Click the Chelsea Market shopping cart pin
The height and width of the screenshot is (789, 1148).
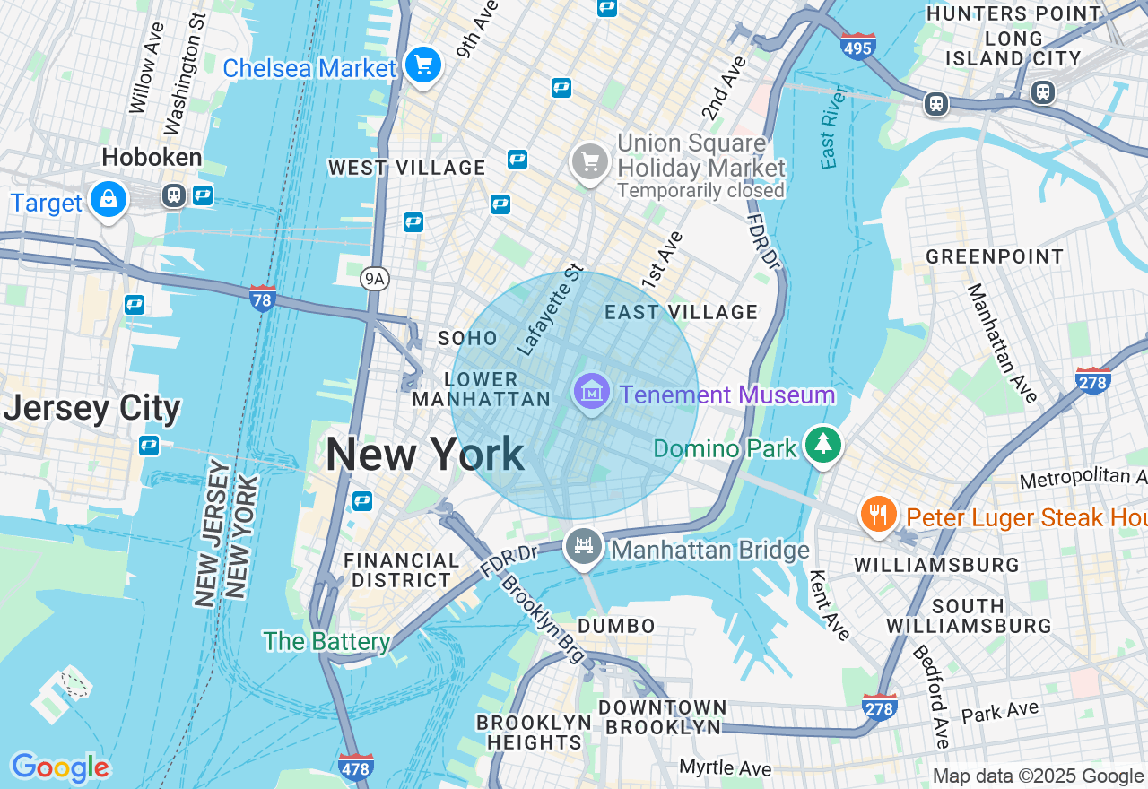click(x=422, y=65)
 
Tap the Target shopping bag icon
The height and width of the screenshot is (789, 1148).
click(x=108, y=199)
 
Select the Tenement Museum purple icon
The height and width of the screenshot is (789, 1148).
click(x=592, y=393)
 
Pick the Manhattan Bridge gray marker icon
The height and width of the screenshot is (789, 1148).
click(x=584, y=545)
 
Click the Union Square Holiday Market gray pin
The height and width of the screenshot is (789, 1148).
click(x=589, y=162)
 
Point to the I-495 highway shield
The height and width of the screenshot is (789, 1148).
click(x=858, y=46)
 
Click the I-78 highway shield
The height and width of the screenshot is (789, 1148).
click(x=262, y=299)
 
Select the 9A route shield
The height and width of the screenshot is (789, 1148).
click(x=375, y=280)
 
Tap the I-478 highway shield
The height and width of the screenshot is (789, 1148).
click(x=356, y=767)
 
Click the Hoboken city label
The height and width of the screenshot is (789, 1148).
click(x=152, y=158)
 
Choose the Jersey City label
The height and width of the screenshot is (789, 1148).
click(x=91, y=409)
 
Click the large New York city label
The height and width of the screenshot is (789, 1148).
click(x=425, y=455)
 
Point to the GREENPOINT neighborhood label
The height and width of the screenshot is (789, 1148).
click(x=995, y=257)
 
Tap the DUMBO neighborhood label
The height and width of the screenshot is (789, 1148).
click(x=616, y=625)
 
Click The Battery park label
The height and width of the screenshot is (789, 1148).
click(x=326, y=641)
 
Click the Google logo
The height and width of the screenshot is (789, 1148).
click(x=60, y=768)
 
